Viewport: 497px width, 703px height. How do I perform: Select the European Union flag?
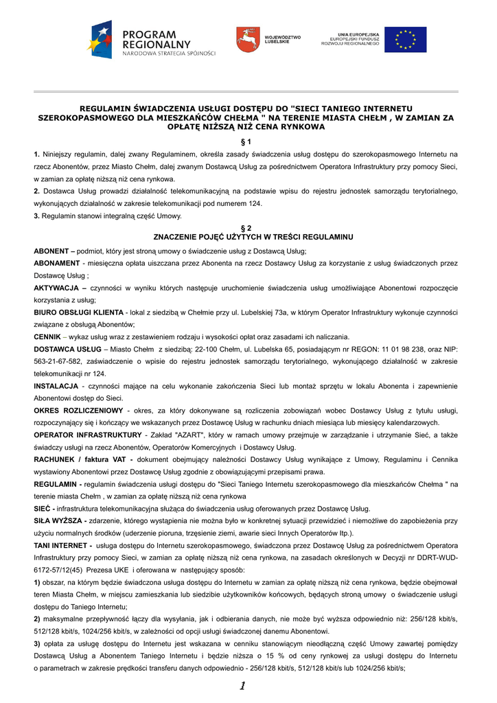(405, 40)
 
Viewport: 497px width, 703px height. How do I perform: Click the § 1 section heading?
(248, 141)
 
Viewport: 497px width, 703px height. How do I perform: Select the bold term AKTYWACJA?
(56, 288)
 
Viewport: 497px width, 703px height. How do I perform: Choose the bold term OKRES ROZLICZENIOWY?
(78, 411)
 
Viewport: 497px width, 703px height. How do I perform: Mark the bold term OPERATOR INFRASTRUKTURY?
(87, 435)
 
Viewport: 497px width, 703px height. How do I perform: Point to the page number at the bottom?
(243, 686)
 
